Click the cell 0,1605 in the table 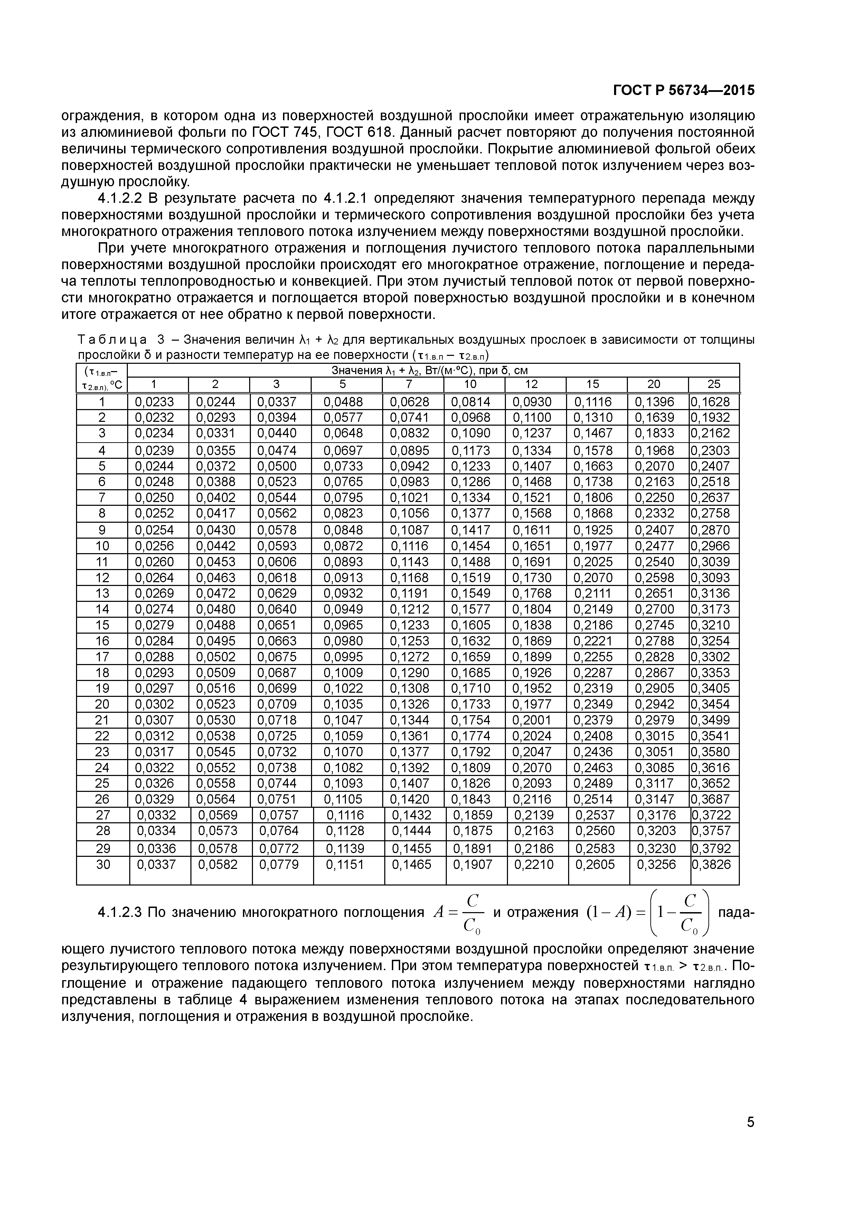point(470,625)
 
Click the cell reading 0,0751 point(277,799)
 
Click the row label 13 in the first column point(102,593)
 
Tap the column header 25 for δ point(713,384)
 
